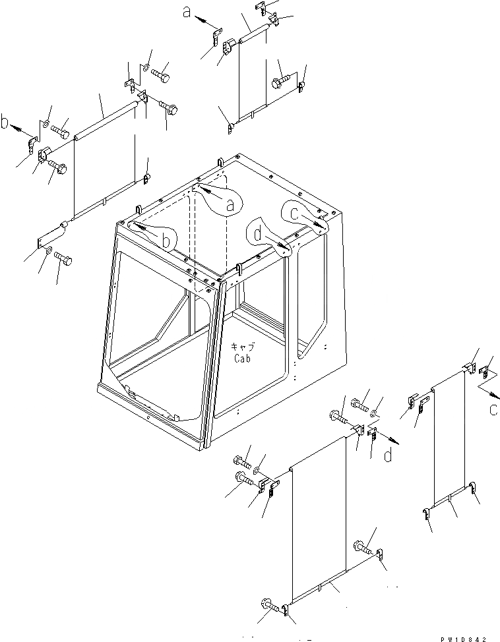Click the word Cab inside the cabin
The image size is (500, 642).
pos(242,359)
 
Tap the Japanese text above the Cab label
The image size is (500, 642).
pos(242,346)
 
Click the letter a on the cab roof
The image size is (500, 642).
pos(230,206)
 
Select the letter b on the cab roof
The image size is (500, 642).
pos(168,243)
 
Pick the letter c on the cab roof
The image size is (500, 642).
pos(294,213)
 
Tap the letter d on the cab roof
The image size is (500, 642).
pos(257,233)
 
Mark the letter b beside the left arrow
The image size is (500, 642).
pos(5,123)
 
